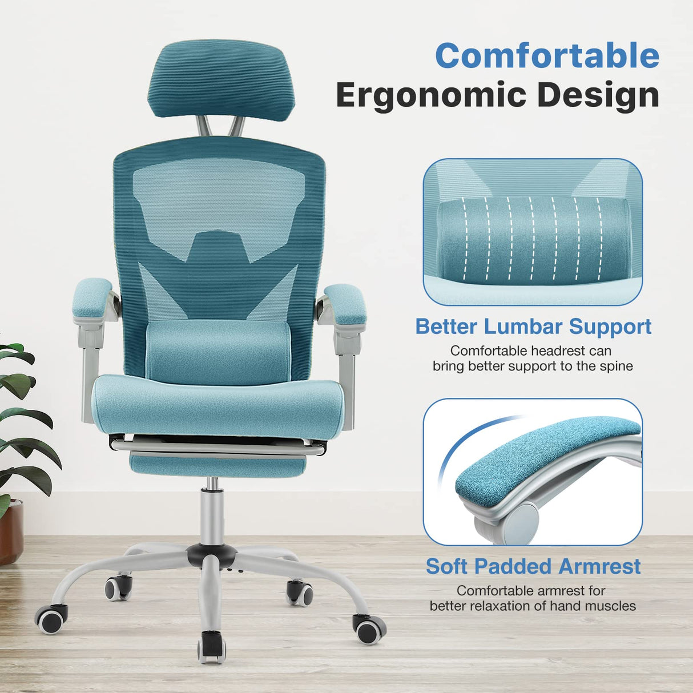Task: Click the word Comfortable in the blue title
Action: coord(547,56)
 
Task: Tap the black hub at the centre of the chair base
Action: coord(211,554)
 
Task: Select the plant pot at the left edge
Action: coord(10,531)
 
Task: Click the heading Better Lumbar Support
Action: coord(533,327)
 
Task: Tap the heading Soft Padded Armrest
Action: coord(533,566)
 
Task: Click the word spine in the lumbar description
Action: coord(614,366)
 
